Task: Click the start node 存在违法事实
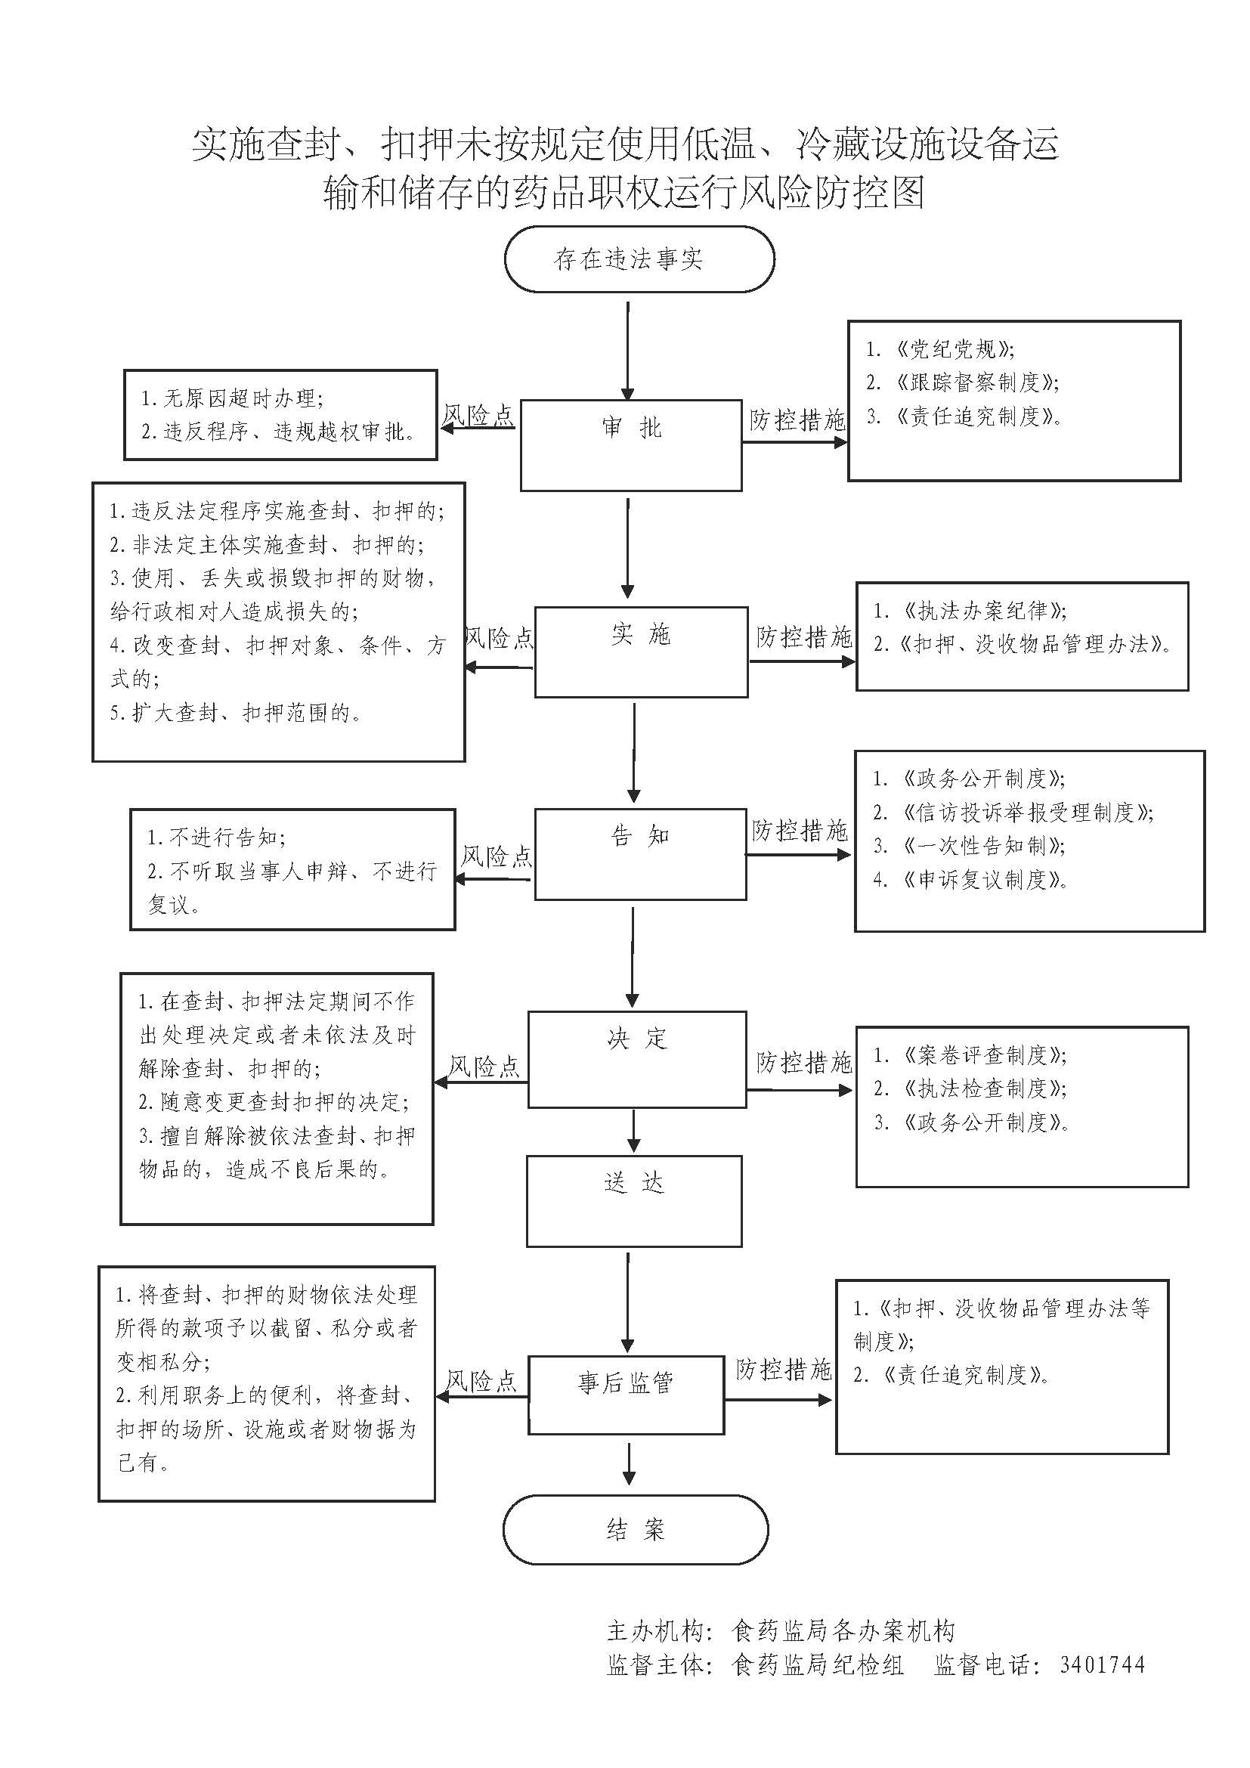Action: pyautogui.click(x=639, y=259)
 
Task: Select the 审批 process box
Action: pyautogui.click(x=631, y=444)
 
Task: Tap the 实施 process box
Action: pyautogui.click(x=640, y=652)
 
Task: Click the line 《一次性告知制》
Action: pyautogui.click(x=984, y=846)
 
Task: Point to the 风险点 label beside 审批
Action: pyautogui.click(x=478, y=416)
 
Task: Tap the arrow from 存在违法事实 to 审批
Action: pyautogui.click(x=628, y=351)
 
